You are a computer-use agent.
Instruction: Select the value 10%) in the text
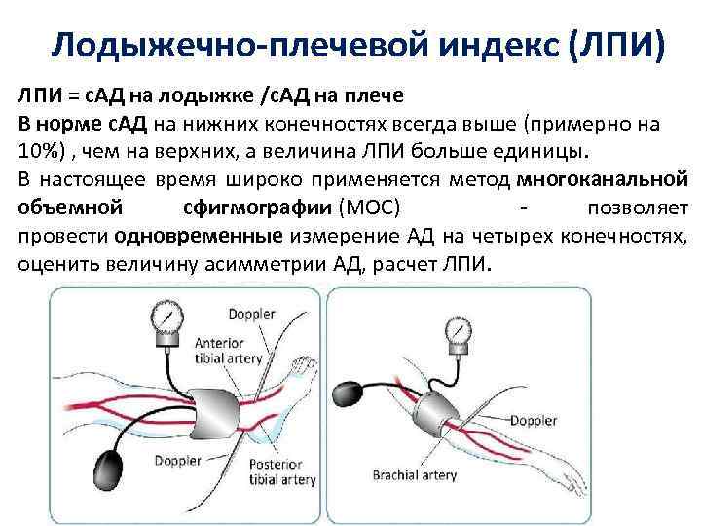41,153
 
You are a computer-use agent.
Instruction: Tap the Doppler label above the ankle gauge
252,314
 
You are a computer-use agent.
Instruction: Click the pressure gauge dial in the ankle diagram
166,319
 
